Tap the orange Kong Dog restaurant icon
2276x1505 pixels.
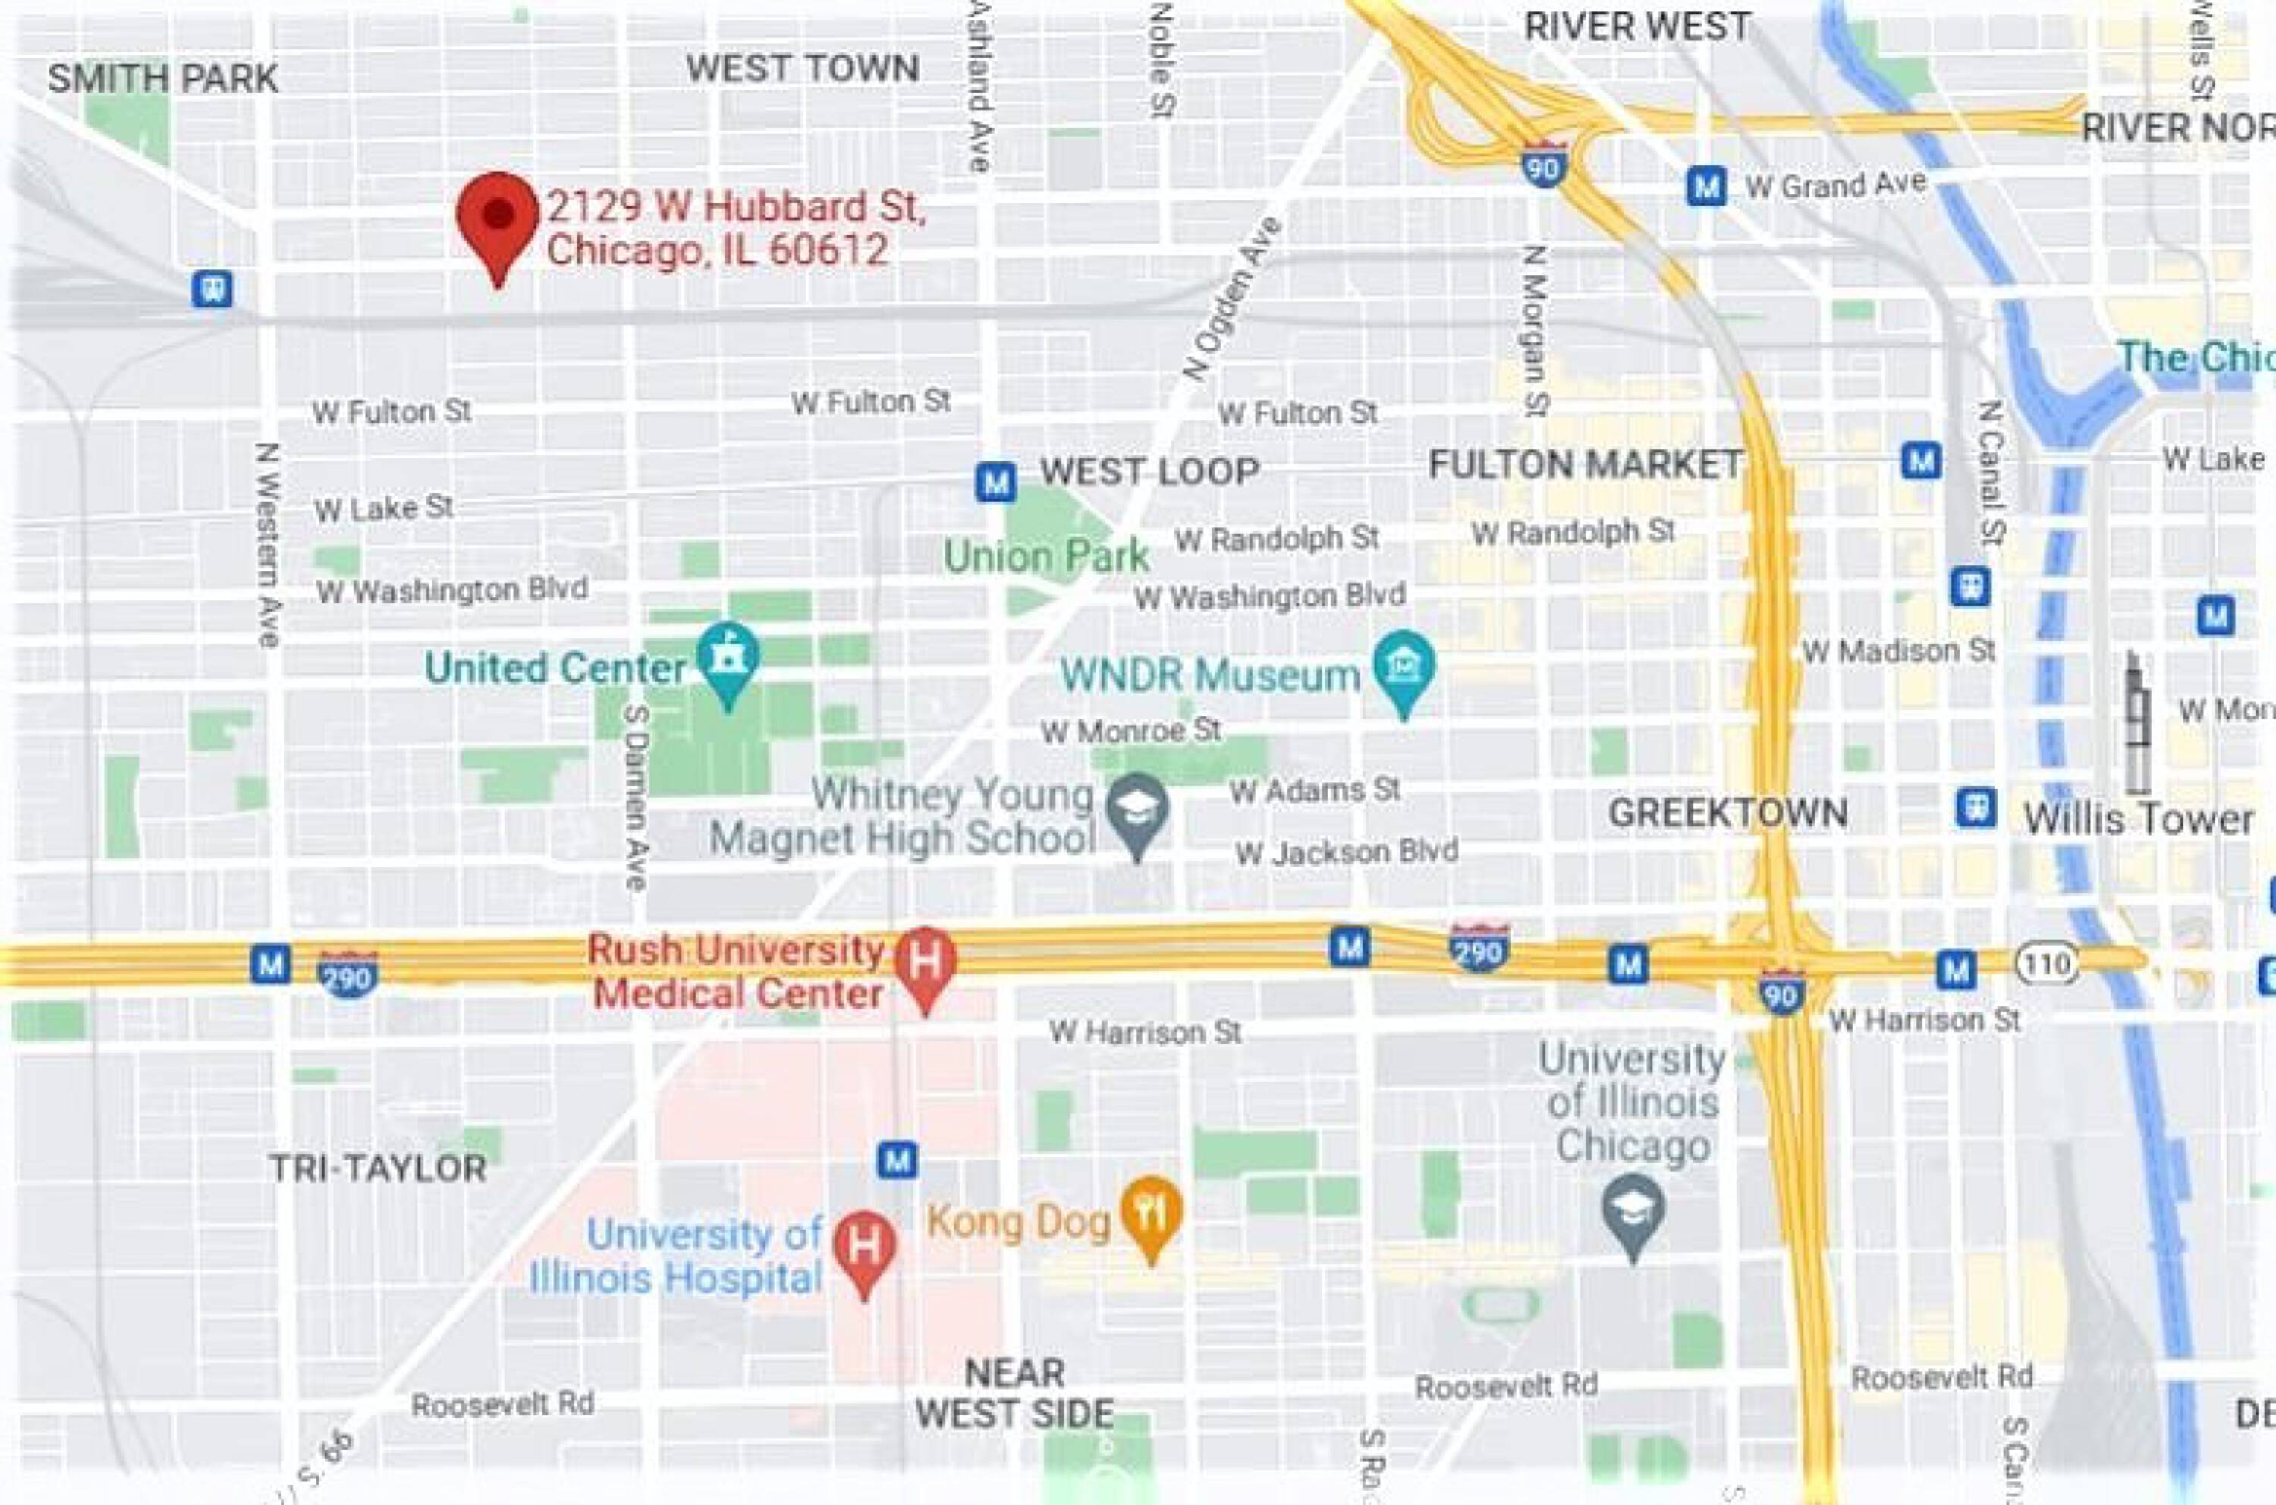tap(1150, 1211)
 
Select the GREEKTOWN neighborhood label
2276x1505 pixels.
tap(1727, 813)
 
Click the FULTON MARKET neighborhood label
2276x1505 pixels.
tap(1584, 465)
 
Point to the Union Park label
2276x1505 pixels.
tap(1046, 556)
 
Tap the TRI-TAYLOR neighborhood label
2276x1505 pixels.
tap(378, 1168)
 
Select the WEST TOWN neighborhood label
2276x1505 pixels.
tap(802, 68)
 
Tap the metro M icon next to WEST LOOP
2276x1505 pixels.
tap(995, 482)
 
